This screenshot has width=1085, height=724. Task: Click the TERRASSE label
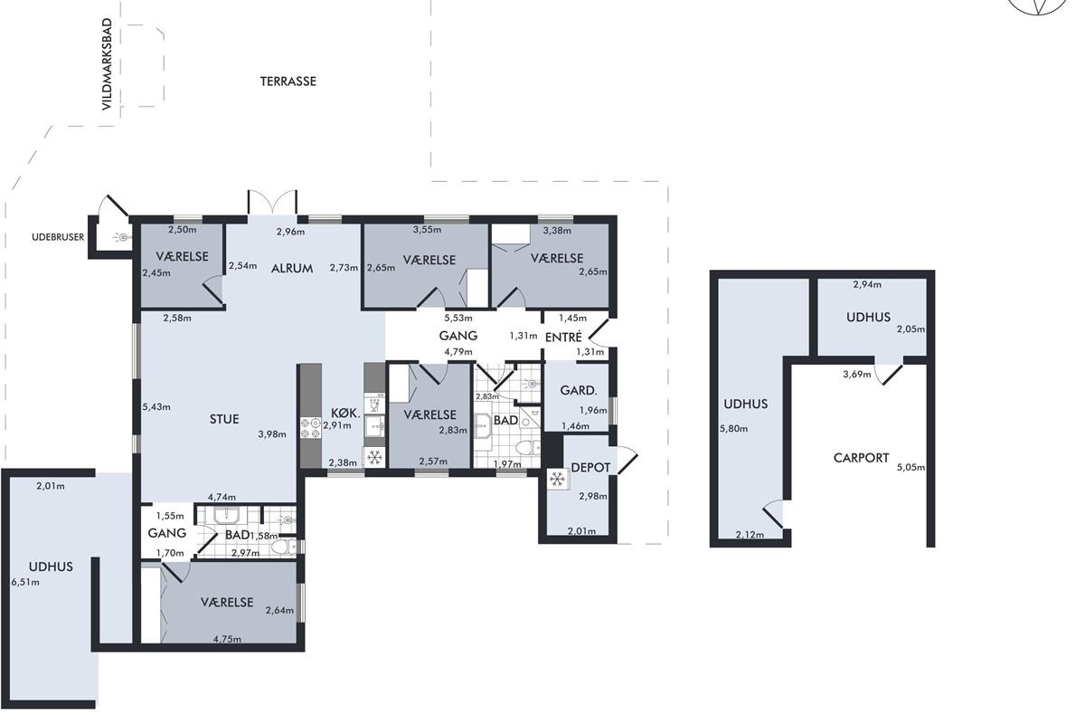pyautogui.click(x=288, y=81)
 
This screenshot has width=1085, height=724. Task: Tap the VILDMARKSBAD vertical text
pyautogui.click(x=107, y=64)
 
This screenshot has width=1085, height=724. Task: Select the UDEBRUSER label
pyautogui.click(x=58, y=237)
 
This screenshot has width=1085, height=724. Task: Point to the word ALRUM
pyautogui.click(x=292, y=268)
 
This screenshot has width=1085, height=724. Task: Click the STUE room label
pyautogui.click(x=224, y=419)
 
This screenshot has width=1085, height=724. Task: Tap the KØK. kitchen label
pyautogui.click(x=345, y=414)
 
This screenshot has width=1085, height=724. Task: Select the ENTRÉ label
pyautogui.click(x=563, y=337)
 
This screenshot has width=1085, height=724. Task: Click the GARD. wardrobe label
pyautogui.click(x=579, y=390)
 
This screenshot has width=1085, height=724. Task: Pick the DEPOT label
pyautogui.click(x=590, y=468)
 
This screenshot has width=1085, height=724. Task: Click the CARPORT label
pyautogui.click(x=861, y=458)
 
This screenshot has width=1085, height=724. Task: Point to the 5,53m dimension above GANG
pyautogui.click(x=458, y=319)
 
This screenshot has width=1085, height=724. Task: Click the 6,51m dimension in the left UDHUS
pyautogui.click(x=25, y=582)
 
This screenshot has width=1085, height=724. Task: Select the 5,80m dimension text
pyautogui.click(x=734, y=429)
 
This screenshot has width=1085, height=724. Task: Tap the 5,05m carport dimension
pyautogui.click(x=911, y=468)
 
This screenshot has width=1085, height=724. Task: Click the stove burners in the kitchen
pyautogui.click(x=310, y=428)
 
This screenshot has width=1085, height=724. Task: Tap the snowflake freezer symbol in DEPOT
pyautogui.click(x=557, y=480)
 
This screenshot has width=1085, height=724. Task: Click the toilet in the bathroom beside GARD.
pyautogui.click(x=528, y=448)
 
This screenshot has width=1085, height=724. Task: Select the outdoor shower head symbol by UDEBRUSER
pyautogui.click(x=123, y=237)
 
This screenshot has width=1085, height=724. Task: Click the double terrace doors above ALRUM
pyautogui.click(x=272, y=203)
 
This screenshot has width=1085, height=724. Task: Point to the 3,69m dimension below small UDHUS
pyautogui.click(x=857, y=375)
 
